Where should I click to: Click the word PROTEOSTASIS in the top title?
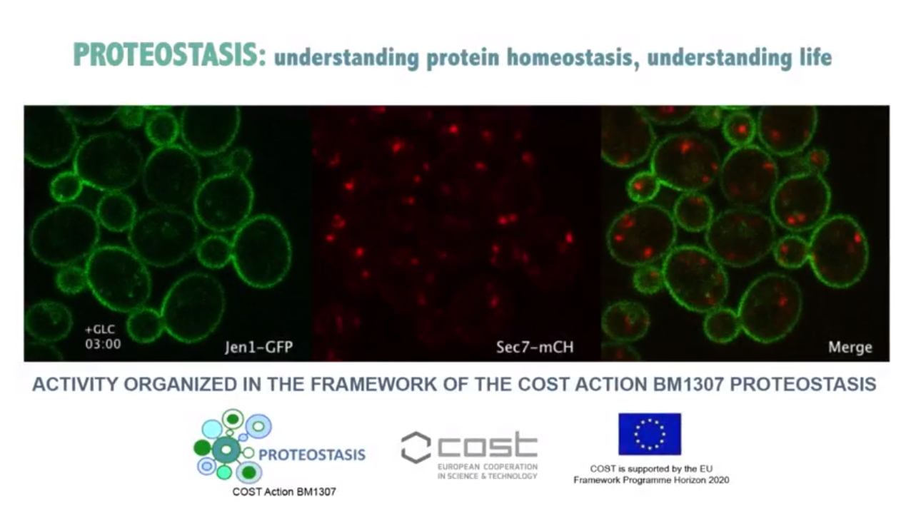(170, 55)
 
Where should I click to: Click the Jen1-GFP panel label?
(258, 347)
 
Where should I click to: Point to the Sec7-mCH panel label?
(535, 347)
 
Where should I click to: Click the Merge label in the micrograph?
(850, 347)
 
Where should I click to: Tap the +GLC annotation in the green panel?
(100, 329)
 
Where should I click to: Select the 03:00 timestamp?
(103, 344)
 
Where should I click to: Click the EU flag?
(650, 434)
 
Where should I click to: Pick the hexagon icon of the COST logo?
(416, 447)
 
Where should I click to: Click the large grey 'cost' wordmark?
(488, 445)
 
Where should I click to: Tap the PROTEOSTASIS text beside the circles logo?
(312, 455)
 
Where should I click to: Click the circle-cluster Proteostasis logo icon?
(233, 446)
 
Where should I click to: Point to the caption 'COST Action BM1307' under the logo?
(284, 492)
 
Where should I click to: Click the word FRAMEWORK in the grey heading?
(373, 385)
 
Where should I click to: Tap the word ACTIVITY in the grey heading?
(75, 385)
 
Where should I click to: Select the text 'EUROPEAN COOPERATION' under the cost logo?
(488, 467)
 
